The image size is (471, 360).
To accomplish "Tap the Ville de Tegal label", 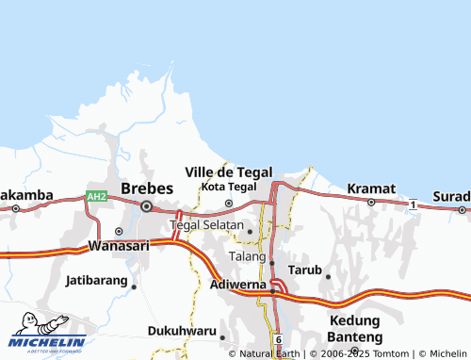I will pyautogui.click(x=229, y=172).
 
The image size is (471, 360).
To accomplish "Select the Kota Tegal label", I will pyautogui.click(x=229, y=188).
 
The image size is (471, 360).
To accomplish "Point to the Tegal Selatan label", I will pyautogui.click(x=207, y=226).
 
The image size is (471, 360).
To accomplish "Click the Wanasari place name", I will pyautogui.click(x=119, y=245).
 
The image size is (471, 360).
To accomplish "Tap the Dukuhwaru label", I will pyautogui.click(x=181, y=331).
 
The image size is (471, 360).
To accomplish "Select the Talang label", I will pyautogui.click(x=247, y=256).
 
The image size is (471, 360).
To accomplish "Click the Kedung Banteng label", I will pyautogui.click(x=354, y=328).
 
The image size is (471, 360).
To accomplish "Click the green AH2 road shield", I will pyautogui.click(x=96, y=196).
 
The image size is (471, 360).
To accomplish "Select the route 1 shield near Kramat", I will pyautogui.click(x=413, y=204).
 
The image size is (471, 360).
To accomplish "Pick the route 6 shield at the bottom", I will pyautogui.click(x=279, y=337).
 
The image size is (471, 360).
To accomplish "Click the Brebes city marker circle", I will pyautogui.click(x=146, y=205).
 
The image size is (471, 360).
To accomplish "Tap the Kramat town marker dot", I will pyautogui.click(x=371, y=202).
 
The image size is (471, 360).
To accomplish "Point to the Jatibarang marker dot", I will pyautogui.click(x=134, y=286).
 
